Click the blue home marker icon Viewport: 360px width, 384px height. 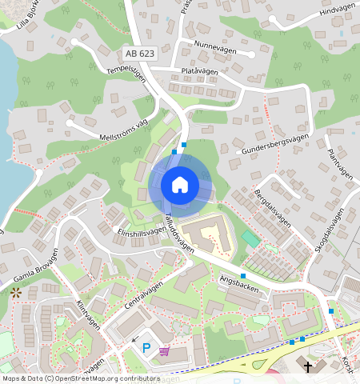(x=180, y=185)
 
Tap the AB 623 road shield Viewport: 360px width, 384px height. (x=140, y=54)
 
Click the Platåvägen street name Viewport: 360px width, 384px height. (x=200, y=71)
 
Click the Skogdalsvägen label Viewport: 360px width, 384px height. (x=328, y=232)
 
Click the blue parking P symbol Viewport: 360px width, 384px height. (x=146, y=347)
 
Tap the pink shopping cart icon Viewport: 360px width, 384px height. (x=164, y=351)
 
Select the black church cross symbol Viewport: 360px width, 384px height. (x=308, y=366)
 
